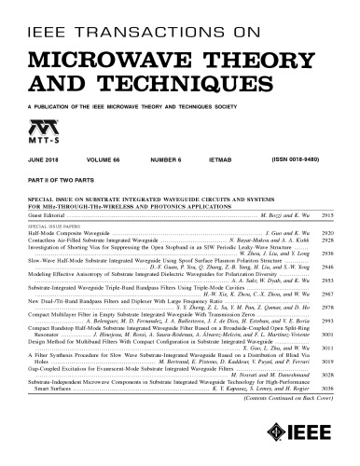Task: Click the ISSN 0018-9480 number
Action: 278,160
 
